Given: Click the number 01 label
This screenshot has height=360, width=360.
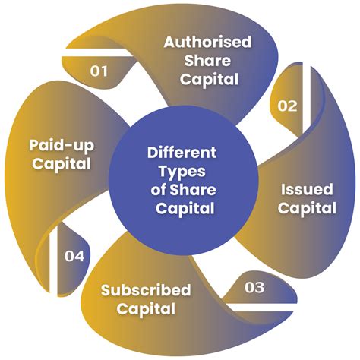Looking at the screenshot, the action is click(x=99, y=71).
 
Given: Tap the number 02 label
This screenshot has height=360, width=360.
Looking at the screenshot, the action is click(x=287, y=106).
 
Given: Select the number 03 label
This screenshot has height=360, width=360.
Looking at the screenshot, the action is click(x=254, y=287).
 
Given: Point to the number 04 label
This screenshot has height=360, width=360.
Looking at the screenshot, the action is click(x=74, y=256).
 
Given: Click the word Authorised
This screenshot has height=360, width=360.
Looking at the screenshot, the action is click(x=207, y=42).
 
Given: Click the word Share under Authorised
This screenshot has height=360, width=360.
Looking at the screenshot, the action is click(x=207, y=61).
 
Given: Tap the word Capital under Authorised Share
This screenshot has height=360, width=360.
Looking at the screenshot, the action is click(x=209, y=80).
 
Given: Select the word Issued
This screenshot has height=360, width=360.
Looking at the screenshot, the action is click(x=307, y=189).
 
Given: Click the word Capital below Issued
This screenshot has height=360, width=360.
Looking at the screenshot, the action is click(x=307, y=208).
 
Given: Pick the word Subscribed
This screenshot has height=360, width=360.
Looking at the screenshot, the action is click(x=146, y=290).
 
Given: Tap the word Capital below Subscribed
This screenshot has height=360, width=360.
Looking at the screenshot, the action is click(x=146, y=309).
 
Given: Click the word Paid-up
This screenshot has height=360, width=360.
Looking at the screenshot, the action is click(x=62, y=146).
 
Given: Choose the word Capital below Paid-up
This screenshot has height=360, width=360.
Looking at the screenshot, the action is click(x=62, y=164).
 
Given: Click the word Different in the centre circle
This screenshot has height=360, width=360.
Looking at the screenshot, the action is click(x=182, y=153).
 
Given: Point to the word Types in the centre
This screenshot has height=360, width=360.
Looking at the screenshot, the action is click(x=182, y=172).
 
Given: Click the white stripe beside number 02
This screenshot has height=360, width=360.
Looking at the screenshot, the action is click(x=307, y=99).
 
